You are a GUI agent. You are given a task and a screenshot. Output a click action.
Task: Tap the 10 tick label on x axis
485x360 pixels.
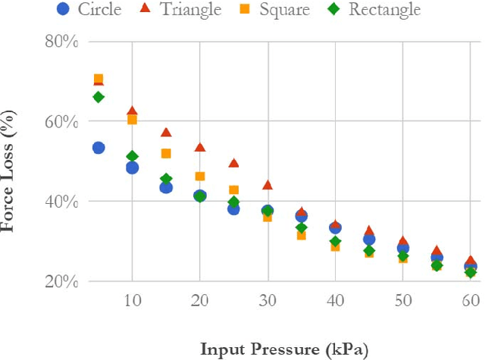coord(133,301)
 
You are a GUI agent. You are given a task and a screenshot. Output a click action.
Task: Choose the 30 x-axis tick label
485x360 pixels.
coord(267,301)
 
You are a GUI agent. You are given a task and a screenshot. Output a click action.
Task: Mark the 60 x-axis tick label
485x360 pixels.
coord(470,301)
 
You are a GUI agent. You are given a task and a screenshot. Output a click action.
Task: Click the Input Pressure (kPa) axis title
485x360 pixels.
coord(284,349)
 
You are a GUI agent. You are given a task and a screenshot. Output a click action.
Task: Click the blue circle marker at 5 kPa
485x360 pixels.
coord(99,148)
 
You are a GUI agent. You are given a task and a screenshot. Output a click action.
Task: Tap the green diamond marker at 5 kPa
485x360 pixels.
coord(99,97)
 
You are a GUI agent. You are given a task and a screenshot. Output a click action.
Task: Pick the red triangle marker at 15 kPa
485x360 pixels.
coord(166,133)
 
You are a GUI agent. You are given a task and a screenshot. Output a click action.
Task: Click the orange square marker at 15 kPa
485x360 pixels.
coord(166,153)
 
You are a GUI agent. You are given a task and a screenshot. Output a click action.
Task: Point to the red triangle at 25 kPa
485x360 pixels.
coord(233,163)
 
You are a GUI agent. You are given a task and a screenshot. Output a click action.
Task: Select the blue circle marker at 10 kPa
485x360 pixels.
coord(132,167)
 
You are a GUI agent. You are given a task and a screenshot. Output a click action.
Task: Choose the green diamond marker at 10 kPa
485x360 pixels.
coord(132,156)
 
